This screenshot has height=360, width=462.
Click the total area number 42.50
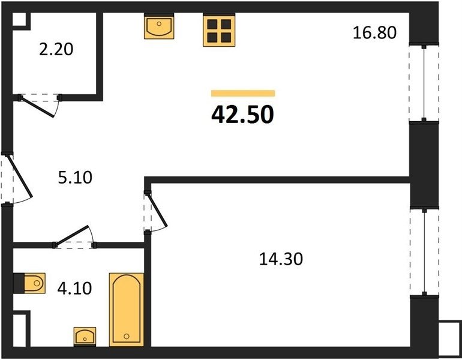242,115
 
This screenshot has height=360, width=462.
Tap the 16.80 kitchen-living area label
374,32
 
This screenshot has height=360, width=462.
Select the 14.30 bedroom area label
281,259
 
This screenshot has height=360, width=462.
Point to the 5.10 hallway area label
75,178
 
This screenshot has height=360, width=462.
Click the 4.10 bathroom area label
74,288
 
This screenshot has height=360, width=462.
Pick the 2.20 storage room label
56,49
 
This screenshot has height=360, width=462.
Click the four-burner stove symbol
219,31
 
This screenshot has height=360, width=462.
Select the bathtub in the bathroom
127,310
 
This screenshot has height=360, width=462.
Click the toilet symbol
29,283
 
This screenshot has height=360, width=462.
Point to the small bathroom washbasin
85,337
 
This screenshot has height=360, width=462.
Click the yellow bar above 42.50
243,94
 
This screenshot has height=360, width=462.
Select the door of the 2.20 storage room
40,104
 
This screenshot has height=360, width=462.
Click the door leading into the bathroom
74,236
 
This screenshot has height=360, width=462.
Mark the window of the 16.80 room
424,83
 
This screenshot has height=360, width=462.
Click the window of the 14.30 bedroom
424,252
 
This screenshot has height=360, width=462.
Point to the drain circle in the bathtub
127,336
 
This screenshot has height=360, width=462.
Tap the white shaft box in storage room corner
20,19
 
